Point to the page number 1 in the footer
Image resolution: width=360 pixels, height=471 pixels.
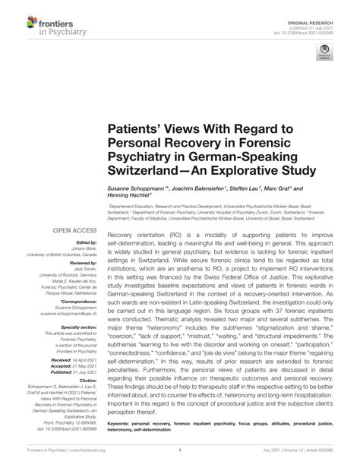tap(180, 450)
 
